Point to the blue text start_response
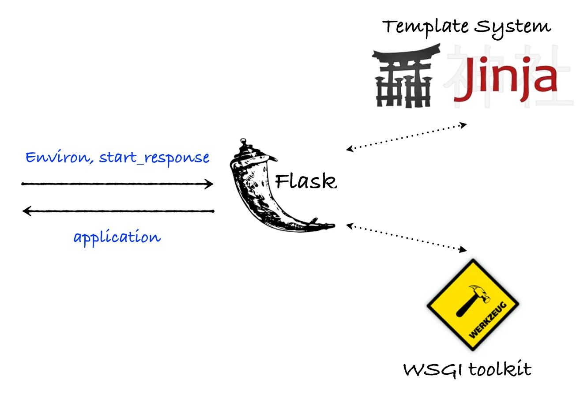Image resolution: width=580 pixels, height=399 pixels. point(154,158)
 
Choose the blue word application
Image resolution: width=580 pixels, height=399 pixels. point(117,237)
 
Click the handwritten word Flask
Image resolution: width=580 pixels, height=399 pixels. point(305,181)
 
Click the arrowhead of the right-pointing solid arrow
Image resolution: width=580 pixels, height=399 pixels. point(210,184)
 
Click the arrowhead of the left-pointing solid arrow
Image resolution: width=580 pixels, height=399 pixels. point(26,211)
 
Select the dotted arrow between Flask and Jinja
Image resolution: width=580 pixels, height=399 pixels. point(406,137)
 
